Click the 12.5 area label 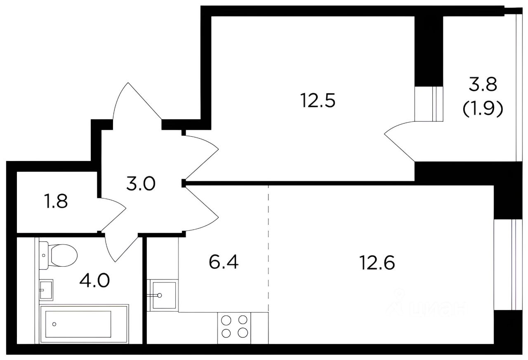(318, 101)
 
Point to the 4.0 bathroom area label (94, 280)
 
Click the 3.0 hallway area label (141, 184)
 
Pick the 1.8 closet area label (56, 201)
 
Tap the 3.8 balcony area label (483, 84)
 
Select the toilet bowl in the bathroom (58, 255)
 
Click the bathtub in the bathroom (85, 324)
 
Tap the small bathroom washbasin (46, 290)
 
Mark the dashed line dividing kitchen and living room (269, 265)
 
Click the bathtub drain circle (54, 324)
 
